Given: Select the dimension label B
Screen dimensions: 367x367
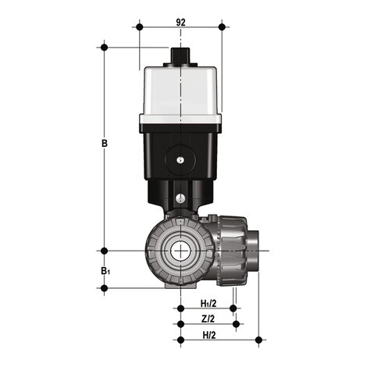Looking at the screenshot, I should (104, 144).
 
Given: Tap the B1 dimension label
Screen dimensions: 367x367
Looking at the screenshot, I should (105, 270).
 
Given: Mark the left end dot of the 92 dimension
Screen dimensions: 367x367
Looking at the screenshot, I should (139, 27).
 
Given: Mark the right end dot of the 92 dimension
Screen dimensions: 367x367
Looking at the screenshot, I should (223, 27).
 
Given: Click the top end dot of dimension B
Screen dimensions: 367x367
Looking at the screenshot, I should (104, 48).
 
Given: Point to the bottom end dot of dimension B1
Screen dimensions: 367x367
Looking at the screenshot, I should (104, 288).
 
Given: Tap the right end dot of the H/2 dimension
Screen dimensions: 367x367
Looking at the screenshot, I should (258, 339).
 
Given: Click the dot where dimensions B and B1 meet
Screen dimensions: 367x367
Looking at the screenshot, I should (104, 251).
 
